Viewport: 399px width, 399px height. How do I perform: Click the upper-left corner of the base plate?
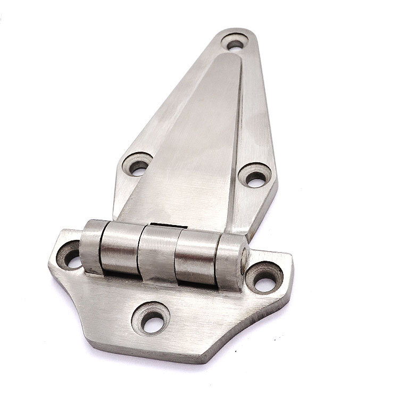[59, 232]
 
